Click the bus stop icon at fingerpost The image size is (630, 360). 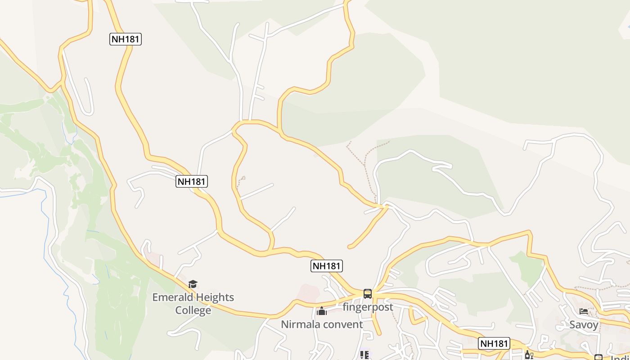pos(368,294)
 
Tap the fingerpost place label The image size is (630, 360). pos(368,307)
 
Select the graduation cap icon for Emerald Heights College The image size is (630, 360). pos(193,284)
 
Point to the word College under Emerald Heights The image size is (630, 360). pos(193,310)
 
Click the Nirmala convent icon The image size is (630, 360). pos(322,311)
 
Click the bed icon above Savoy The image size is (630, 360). pos(584,311)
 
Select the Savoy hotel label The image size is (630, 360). pos(584,325)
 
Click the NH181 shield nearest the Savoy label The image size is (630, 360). pos(494,343)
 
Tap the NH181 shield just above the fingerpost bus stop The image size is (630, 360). pos(327,266)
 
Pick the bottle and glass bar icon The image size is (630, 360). pos(528,355)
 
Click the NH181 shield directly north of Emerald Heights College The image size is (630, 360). pos(192,182)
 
